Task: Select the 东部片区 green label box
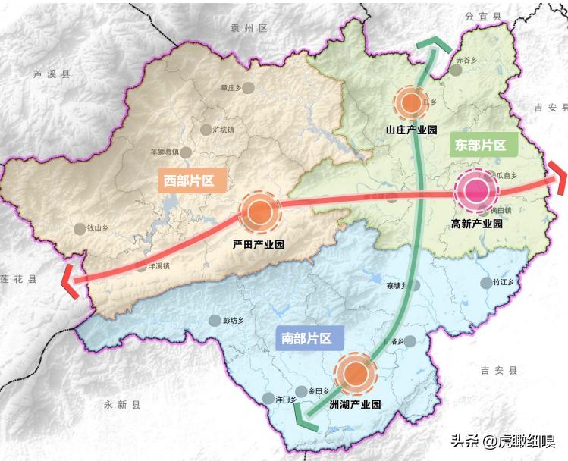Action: tap(480, 145)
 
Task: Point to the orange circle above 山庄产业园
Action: tap(412, 102)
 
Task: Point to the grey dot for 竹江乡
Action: tap(485, 283)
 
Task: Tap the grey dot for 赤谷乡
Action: tap(455, 70)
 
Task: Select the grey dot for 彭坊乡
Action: tap(215, 321)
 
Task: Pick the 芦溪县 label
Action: tap(51, 74)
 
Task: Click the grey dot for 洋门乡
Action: tap(268, 399)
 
